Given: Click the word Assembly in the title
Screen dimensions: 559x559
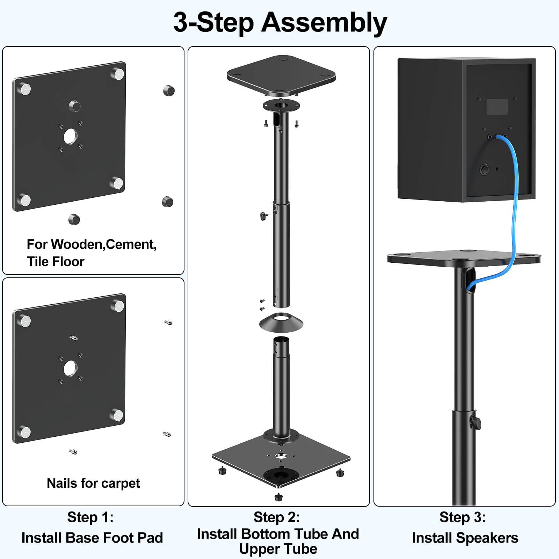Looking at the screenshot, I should point(324,23).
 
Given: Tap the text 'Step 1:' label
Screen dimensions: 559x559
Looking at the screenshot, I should point(90,517).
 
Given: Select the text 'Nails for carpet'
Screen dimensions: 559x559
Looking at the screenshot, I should point(93,483).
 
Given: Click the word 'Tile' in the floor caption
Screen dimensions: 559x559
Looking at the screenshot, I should point(38,261).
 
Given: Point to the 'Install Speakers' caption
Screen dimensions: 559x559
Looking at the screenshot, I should point(465,538).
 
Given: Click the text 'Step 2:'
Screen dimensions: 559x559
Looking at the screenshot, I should point(277,517).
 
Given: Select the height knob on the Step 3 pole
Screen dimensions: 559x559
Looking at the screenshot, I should point(476,423).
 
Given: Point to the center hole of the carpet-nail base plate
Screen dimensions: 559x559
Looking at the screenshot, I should point(70,368).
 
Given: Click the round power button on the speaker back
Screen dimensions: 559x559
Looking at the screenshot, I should point(484,170).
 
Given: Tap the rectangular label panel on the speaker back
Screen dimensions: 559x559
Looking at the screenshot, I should point(497,107).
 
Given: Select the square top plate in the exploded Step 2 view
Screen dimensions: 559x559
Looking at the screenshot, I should point(281,74).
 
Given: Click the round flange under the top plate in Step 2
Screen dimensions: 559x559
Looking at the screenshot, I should point(281,105).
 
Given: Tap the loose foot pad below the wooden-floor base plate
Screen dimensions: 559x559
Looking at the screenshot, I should point(74,219).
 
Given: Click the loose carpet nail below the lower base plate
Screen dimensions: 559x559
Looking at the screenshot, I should point(73,452).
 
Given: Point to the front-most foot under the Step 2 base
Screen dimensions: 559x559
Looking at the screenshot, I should point(278,497).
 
